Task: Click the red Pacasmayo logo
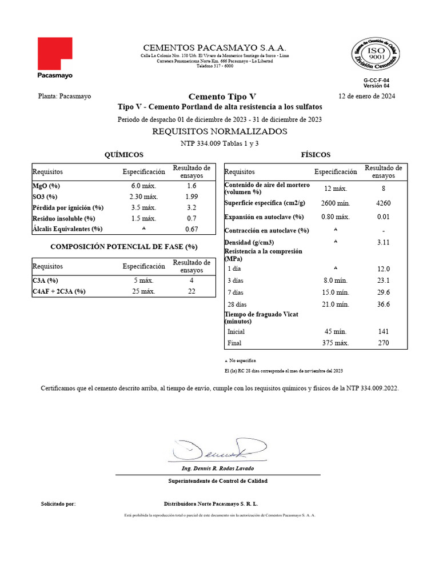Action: [55, 54]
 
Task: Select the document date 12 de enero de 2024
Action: [366, 96]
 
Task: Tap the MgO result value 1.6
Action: [191, 186]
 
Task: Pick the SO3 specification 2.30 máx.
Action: [139, 197]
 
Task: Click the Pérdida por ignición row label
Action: [68, 207]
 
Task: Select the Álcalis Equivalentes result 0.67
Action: [191, 229]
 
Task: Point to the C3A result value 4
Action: [191, 281]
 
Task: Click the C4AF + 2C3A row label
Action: [59, 291]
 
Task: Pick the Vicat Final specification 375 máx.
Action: [336, 343]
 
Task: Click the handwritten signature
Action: [218, 450]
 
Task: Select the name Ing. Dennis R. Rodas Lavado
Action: [218, 468]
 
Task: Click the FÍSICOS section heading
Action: [316, 155]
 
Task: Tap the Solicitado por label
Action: [58, 504]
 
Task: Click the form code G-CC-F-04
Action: [377, 81]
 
